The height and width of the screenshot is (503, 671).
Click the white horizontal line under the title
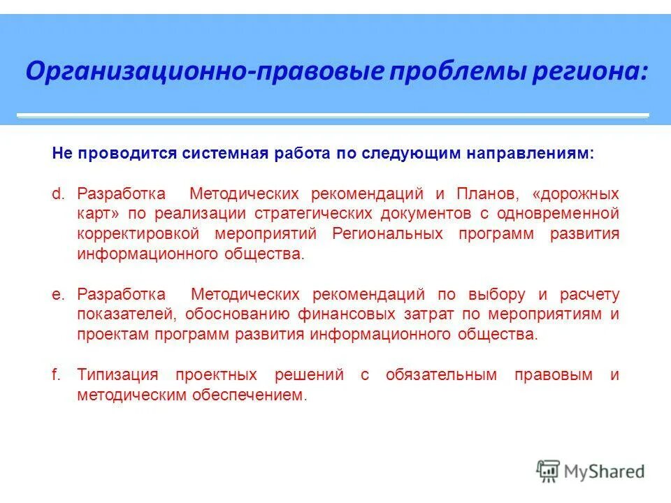pos(333,115)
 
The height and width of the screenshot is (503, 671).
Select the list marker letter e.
pos(57,294)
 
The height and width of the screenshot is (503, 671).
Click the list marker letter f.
pos(56,375)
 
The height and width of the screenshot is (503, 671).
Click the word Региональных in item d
pos(388,233)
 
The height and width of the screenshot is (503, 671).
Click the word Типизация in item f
pos(118,375)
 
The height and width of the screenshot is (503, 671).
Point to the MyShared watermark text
pos(605,472)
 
